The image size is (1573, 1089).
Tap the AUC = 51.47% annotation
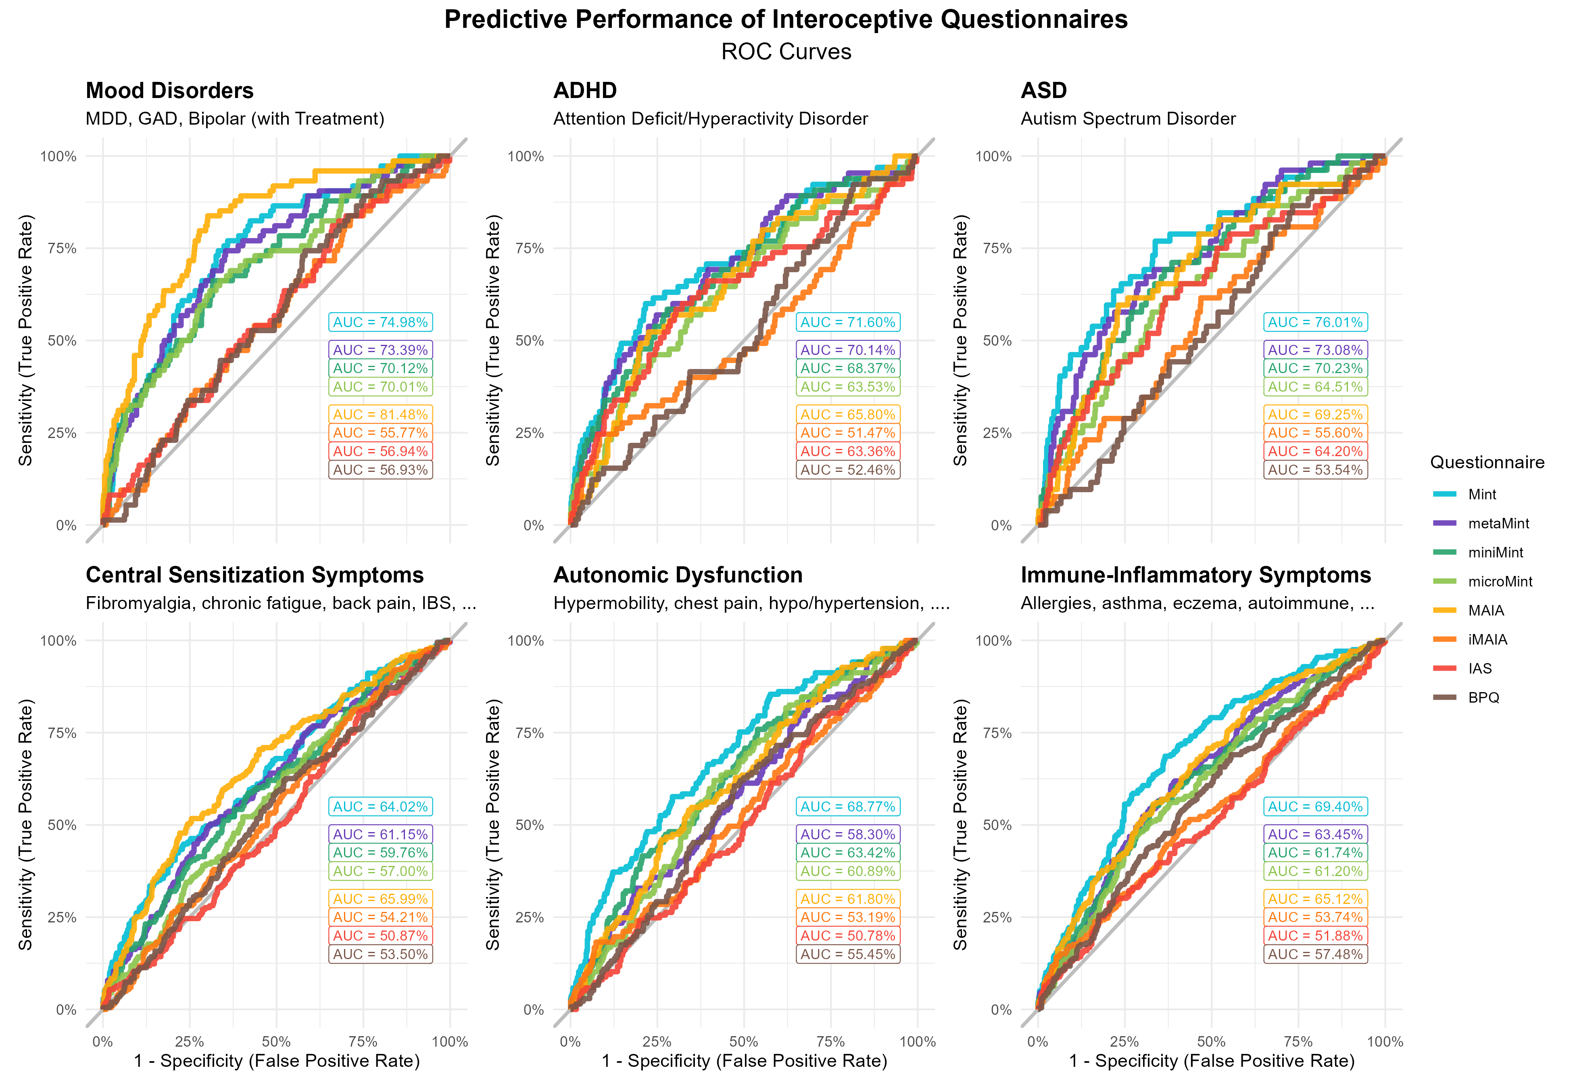tap(847, 433)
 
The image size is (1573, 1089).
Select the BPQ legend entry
tap(1483, 697)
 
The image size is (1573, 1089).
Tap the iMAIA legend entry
tap(1487, 639)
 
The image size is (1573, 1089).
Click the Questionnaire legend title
tap(1487, 463)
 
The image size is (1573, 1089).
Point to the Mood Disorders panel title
tap(169, 91)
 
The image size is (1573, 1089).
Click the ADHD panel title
tap(584, 91)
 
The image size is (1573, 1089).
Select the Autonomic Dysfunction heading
tap(677, 575)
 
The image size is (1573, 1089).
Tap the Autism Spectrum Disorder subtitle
tap(1128, 119)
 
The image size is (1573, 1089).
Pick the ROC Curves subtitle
tap(786, 52)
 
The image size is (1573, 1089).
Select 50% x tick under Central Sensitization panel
tap(276, 1042)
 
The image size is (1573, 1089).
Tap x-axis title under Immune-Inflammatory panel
tap(1212, 1061)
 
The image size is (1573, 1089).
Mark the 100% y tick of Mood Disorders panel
tap(58, 156)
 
